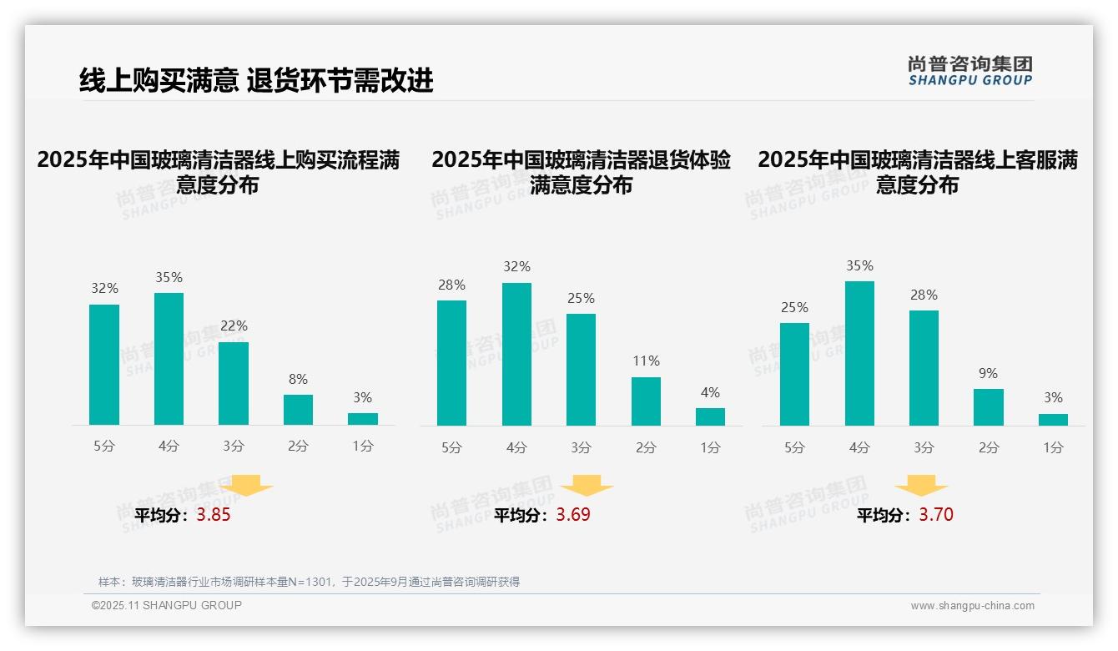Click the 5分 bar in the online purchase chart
tap(104, 365)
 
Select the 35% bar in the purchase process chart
tap(169, 359)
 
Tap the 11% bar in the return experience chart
tap(646, 401)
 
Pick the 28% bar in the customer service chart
tap(924, 368)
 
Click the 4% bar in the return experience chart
tap(710, 416)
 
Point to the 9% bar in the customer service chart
tap(988, 407)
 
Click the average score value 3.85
tap(214, 515)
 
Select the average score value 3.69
tap(573, 515)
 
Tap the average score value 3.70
tap(936, 515)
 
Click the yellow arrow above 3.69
tap(587, 486)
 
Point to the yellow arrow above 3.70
tap(921, 486)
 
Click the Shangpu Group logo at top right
tap(970, 70)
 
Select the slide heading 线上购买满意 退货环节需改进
tap(256, 80)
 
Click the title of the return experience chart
tap(582, 172)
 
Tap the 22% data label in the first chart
tap(234, 326)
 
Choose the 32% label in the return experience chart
tap(516, 267)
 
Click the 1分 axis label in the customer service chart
tap(1053, 447)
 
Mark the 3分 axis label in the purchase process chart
tap(234, 447)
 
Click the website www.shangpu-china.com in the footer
tap(972, 606)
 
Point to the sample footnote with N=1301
tap(309, 582)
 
